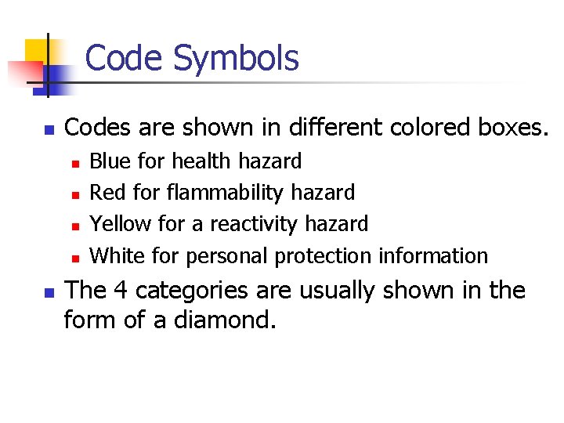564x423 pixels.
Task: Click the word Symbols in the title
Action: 236,59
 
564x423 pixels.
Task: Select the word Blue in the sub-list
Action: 110,161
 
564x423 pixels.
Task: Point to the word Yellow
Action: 121,224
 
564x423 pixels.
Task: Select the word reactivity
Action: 256,224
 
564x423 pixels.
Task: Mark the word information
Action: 433,255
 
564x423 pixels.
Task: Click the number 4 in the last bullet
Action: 121,291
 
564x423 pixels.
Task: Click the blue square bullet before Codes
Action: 48,128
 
